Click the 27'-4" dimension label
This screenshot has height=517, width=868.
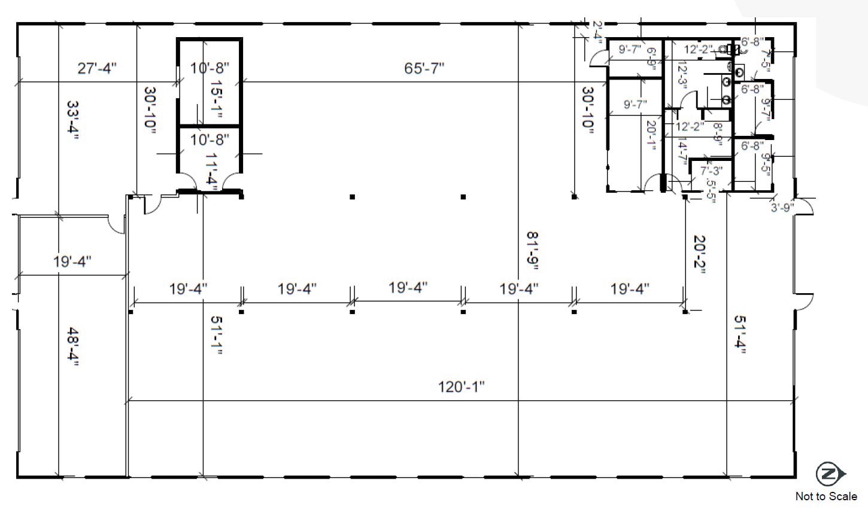(x=97, y=68)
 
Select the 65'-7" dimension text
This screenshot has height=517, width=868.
(x=424, y=68)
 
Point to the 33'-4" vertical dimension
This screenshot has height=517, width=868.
(x=73, y=120)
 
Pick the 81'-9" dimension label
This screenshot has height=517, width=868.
(x=533, y=251)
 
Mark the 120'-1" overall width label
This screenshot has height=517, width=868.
(x=461, y=387)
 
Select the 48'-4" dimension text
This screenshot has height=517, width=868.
(x=73, y=346)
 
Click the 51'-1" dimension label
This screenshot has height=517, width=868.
(x=216, y=336)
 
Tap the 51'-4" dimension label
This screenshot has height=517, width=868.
(x=740, y=334)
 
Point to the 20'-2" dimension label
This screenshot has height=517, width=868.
(x=700, y=254)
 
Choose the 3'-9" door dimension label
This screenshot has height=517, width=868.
(x=782, y=208)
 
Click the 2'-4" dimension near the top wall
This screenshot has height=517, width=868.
(x=597, y=31)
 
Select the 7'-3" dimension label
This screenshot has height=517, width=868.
(x=712, y=171)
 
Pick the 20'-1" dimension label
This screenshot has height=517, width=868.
(x=652, y=135)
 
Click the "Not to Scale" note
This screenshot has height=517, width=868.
(x=825, y=496)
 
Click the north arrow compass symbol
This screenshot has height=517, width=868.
(x=830, y=475)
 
